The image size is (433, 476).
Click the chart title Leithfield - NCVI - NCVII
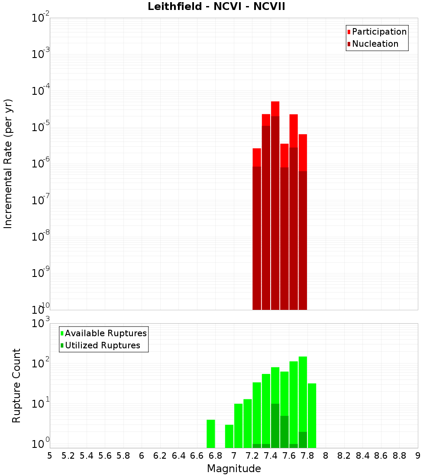(x=216, y=7)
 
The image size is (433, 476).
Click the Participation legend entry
(x=379, y=32)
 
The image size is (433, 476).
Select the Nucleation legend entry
(x=375, y=44)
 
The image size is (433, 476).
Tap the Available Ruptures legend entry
(x=105, y=333)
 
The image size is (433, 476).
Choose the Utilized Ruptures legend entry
(x=102, y=345)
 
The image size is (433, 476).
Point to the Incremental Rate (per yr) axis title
(x=8, y=164)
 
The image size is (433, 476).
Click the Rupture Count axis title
(x=16, y=385)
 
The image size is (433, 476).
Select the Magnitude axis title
(x=234, y=469)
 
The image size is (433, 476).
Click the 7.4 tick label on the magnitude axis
(x=271, y=456)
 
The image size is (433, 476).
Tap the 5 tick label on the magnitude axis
(x=50, y=456)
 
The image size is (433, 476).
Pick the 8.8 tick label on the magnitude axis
(x=399, y=456)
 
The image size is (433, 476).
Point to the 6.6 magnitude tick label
(x=197, y=456)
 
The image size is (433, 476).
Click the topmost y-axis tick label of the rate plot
(x=41, y=18)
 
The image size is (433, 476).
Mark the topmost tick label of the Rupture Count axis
(x=41, y=323)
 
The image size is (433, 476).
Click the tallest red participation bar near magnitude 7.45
(x=275, y=108)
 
